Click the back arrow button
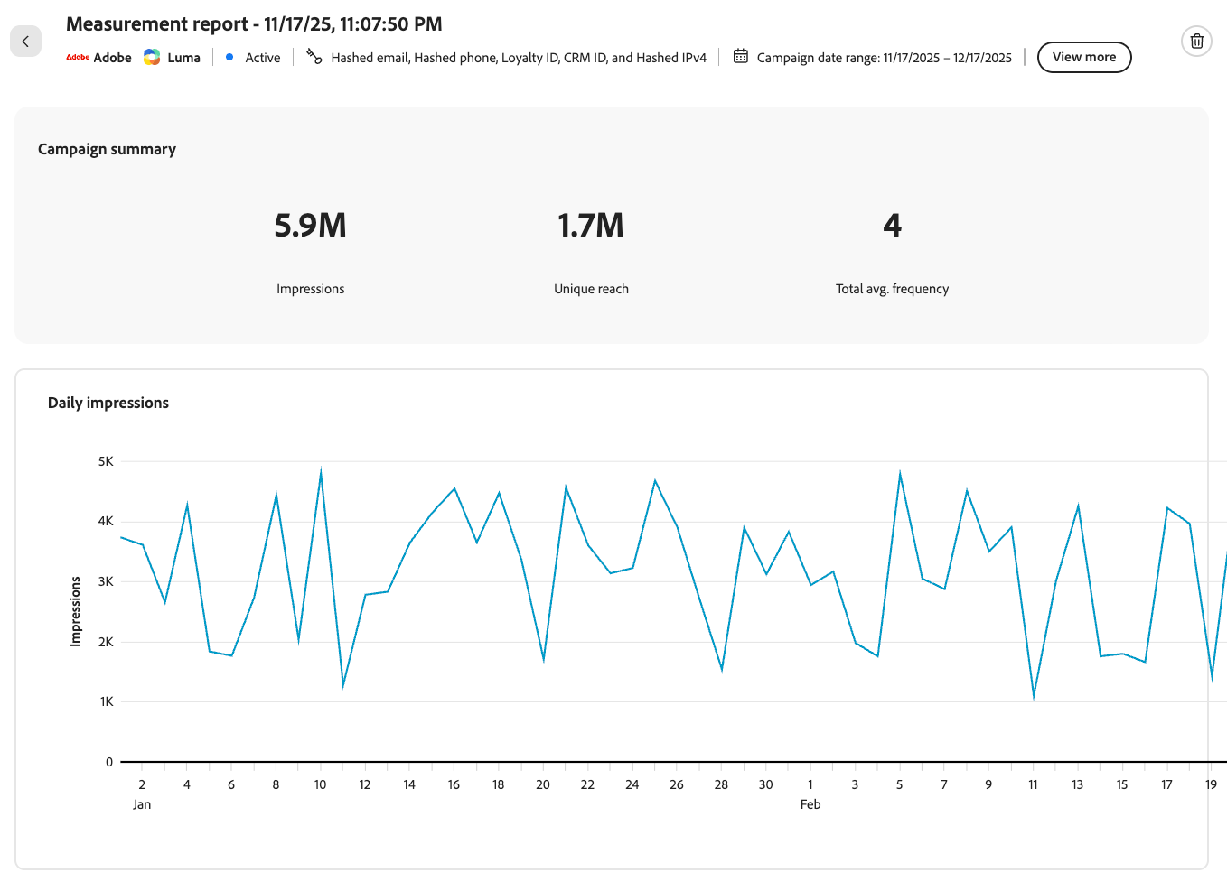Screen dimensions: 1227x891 pos(25,41)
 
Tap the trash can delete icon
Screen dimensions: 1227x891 pos(1196,41)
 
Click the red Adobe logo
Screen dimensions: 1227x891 pos(78,57)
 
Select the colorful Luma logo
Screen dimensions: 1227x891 pos(152,57)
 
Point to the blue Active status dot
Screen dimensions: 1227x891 pos(229,57)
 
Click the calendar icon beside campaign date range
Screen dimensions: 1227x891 pos(741,56)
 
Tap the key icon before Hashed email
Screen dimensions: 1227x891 pos(314,56)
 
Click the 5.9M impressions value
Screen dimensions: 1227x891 pos(310,225)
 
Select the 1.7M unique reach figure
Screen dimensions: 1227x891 pos(591,225)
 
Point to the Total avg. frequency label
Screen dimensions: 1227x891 pos(892,289)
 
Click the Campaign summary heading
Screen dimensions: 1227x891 pos(107,150)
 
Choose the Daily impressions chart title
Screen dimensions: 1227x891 pos(108,403)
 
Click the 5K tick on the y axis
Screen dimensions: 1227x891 pos(106,461)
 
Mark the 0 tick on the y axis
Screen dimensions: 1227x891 pos(109,762)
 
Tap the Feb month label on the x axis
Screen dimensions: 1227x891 pos(810,804)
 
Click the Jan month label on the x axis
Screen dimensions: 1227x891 pos(141,804)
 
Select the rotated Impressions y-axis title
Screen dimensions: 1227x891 pos(75,611)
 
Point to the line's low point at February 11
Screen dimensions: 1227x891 pos(1034,697)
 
